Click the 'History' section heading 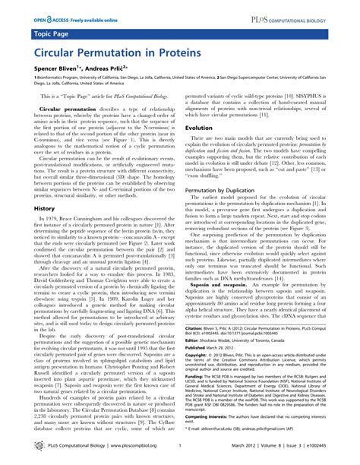coord(43,207)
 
